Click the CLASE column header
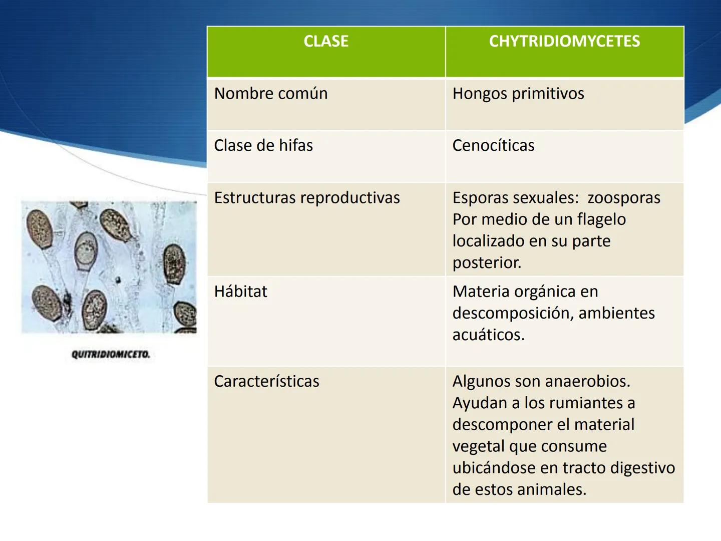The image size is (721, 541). pyautogui.click(x=326, y=41)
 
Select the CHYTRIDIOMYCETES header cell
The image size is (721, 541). pyautogui.click(x=564, y=41)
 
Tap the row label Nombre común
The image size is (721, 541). pyautogui.click(x=271, y=94)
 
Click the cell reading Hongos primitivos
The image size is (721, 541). pyautogui.click(x=518, y=94)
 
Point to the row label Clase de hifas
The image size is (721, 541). pyautogui.click(x=263, y=146)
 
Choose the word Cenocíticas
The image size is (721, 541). pyautogui.click(x=493, y=146)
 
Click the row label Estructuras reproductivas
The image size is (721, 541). pyautogui.click(x=307, y=198)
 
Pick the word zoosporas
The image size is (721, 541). pyautogui.click(x=624, y=198)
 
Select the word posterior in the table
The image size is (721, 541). pyautogui.click(x=486, y=262)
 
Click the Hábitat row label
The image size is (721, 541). pyautogui.click(x=240, y=292)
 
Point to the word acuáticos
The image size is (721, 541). pyautogui.click(x=488, y=335)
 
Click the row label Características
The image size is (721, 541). pyautogui.click(x=266, y=381)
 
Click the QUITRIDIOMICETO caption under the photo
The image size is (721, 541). pyautogui.click(x=111, y=355)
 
